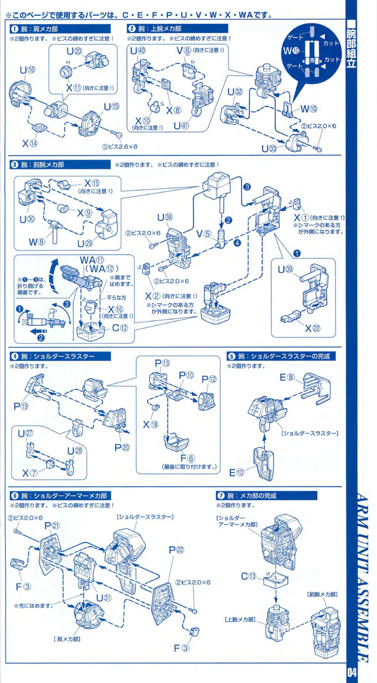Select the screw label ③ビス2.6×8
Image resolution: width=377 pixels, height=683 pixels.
[120, 147]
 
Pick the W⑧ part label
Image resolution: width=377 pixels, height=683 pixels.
[37, 241]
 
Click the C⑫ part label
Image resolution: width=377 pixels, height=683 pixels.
[120, 328]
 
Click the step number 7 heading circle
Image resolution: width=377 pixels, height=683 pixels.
[221, 495]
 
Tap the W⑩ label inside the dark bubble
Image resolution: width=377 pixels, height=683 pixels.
[290, 50]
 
